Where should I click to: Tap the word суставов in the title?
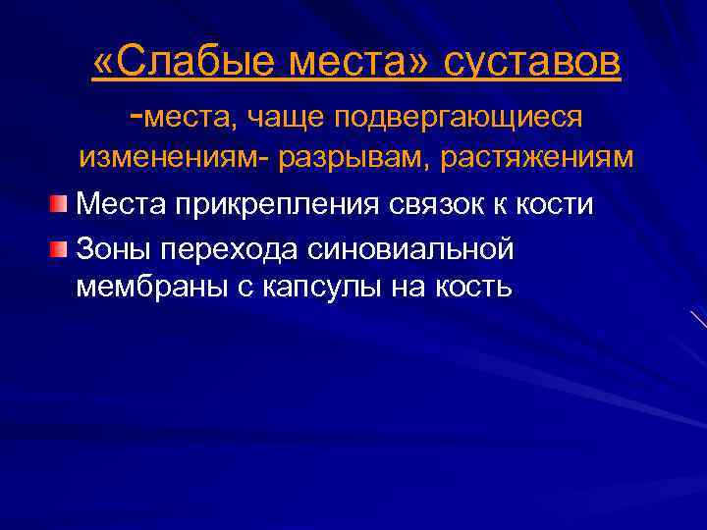532,64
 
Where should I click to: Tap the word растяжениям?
534,157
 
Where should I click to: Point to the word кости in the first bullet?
557,203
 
